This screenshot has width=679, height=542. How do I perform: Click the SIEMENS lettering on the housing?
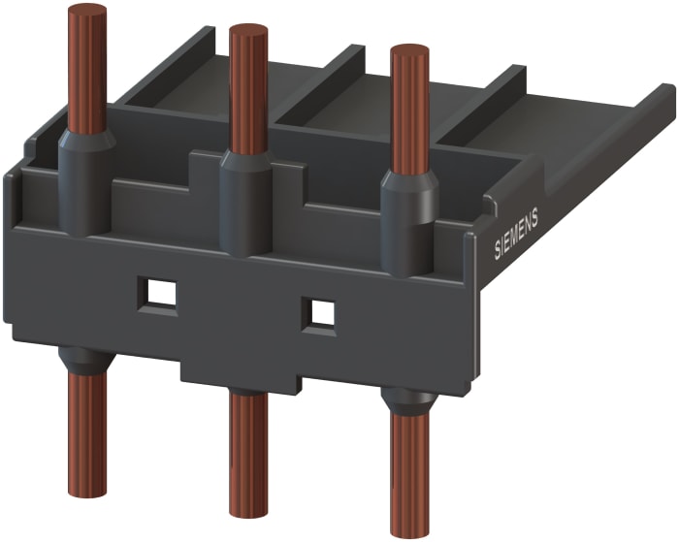[x=516, y=235]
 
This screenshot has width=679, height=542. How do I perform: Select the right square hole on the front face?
[x=319, y=312]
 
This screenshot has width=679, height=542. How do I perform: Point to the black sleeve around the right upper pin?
[x=408, y=225]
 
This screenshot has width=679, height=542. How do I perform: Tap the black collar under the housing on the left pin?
[x=86, y=361]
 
